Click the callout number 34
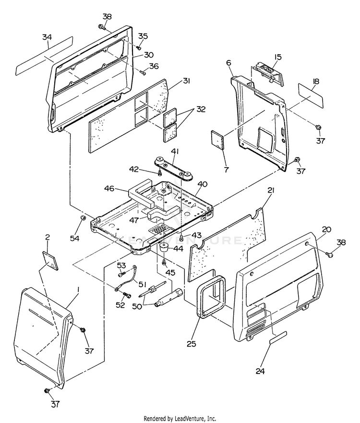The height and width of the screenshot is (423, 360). click(x=46, y=37)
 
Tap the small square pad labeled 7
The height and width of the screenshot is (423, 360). click(x=219, y=141)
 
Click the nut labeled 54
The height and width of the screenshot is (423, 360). click(x=82, y=219)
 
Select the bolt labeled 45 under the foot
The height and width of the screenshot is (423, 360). click(x=164, y=261)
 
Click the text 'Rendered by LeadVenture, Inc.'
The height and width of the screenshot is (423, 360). click(x=180, y=418)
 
